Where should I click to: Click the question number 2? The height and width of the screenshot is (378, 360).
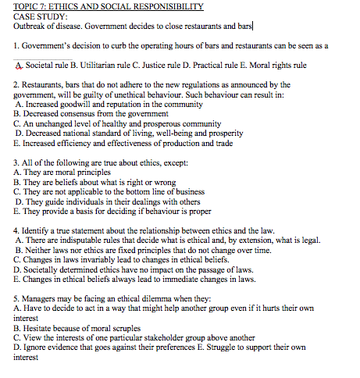16,84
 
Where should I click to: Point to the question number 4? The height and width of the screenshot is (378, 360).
16,232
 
